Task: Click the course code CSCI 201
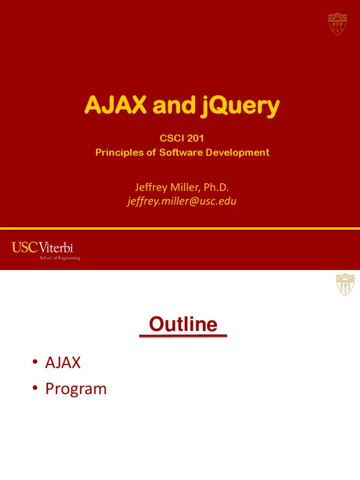click(x=182, y=139)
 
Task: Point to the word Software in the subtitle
click(x=184, y=152)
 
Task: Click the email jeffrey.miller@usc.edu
click(x=182, y=202)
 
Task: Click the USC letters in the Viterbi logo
click(x=24, y=247)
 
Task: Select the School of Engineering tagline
click(x=60, y=258)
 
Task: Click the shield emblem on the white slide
click(x=345, y=285)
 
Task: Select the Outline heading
click(x=183, y=324)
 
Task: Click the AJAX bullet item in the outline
click(x=63, y=362)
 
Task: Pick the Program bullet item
click(x=76, y=389)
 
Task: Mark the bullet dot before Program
click(x=35, y=390)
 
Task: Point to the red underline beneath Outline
click(x=183, y=336)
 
